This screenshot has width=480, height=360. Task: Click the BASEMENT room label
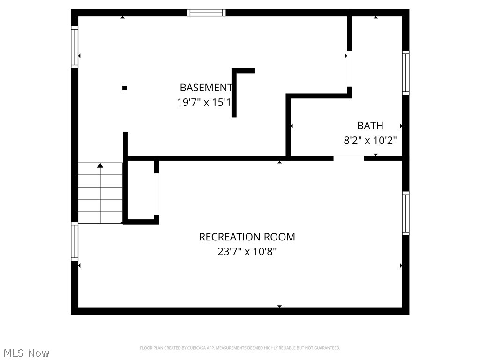click(206, 88)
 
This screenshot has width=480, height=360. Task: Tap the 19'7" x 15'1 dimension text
click(204, 102)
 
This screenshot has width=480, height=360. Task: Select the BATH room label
click(370, 126)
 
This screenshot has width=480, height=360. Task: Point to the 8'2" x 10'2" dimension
click(370, 140)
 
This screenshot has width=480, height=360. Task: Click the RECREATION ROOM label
click(247, 237)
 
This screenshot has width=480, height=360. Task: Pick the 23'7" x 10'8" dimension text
click(247, 251)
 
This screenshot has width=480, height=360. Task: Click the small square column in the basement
click(125, 88)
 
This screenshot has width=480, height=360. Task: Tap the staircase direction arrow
click(100, 165)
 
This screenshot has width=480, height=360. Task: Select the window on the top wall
click(206, 13)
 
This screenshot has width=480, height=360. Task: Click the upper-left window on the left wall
click(75, 47)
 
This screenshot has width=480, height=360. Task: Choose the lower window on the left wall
click(75, 241)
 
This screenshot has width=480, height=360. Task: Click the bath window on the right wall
click(405, 73)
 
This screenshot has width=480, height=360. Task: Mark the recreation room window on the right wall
click(405, 213)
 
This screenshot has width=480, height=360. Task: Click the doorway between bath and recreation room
click(349, 158)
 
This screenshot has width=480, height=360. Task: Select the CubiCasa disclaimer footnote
click(240, 348)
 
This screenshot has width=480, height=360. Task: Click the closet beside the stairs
click(141, 190)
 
